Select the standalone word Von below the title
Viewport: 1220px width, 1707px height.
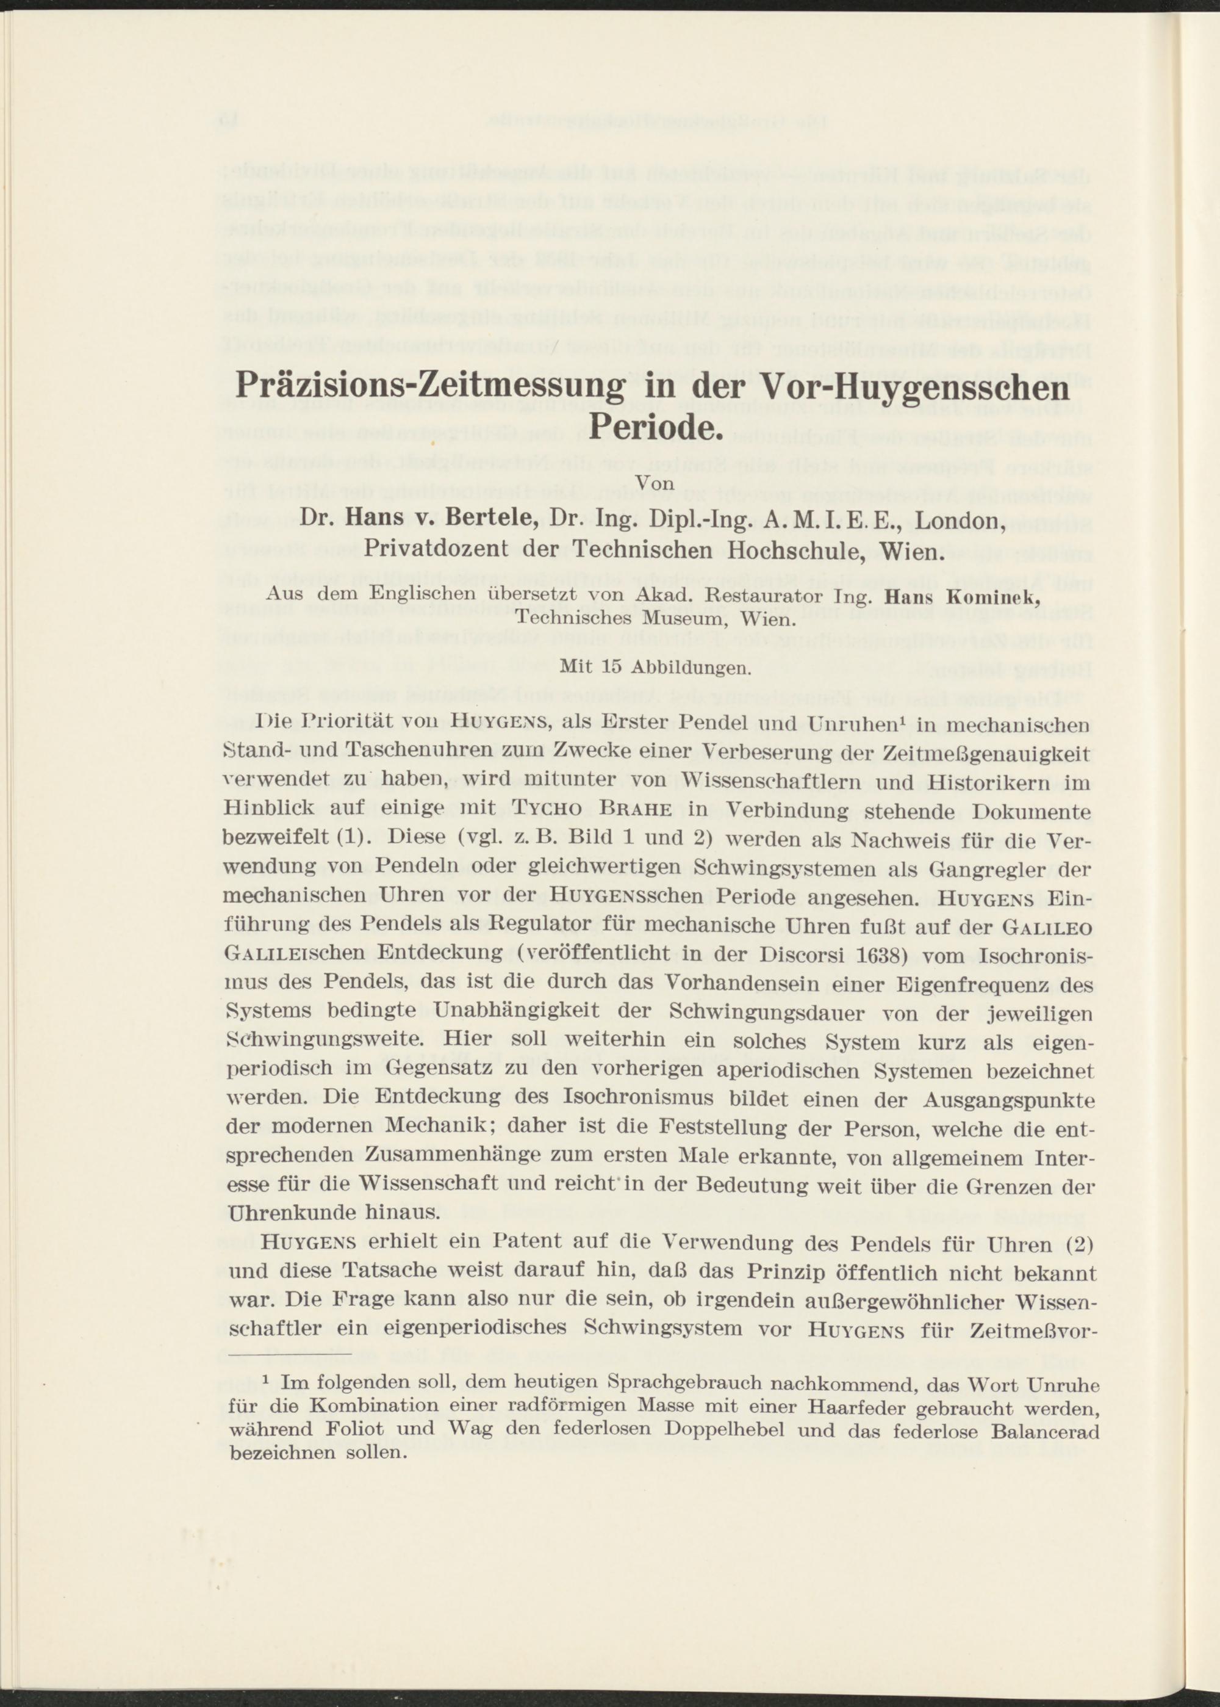[x=655, y=486]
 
